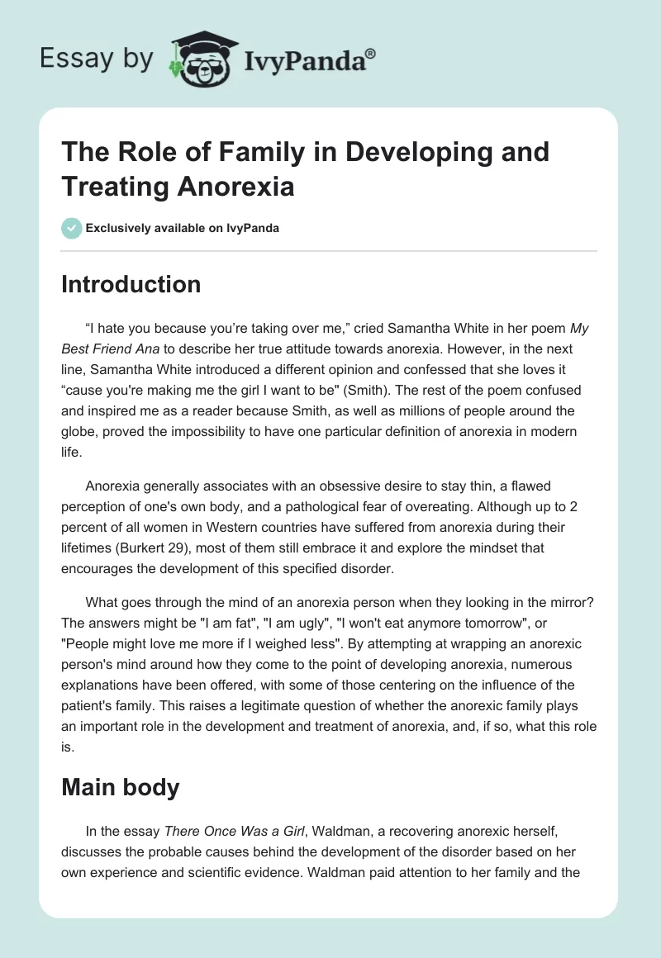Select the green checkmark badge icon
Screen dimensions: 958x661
[71, 227]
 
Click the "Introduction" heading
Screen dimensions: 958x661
[131, 285]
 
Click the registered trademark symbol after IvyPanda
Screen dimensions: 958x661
[372, 52]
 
